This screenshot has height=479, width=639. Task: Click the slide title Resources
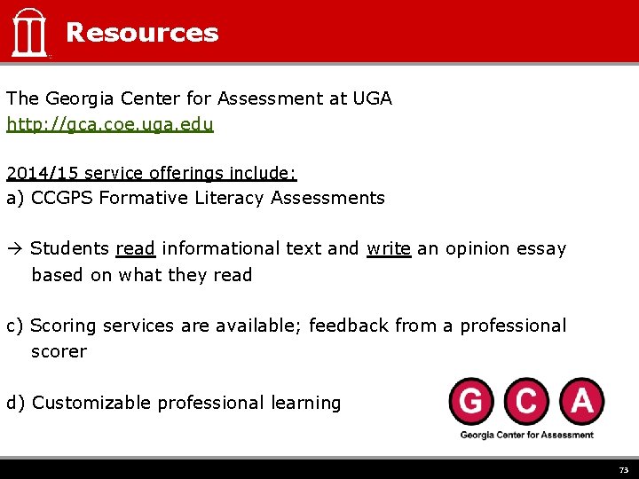pos(142,33)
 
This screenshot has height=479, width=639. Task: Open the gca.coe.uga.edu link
pos(110,124)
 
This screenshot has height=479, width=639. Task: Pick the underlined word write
pos(389,249)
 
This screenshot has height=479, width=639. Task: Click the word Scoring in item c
pos(64,326)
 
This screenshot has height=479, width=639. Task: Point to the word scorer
pos(59,351)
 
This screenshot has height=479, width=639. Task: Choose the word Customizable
pos(92,403)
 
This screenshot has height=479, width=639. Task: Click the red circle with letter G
pos(472,402)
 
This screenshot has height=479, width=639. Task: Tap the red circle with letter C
pos(526,402)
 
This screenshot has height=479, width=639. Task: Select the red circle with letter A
pos(580,402)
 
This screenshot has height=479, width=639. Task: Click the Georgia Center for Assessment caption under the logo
pos(526,435)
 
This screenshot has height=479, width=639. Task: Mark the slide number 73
pos(623,470)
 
